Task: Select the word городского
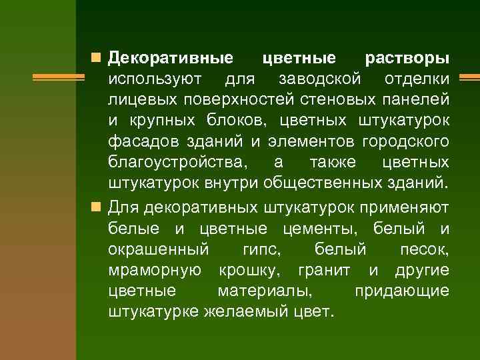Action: click(x=405, y=142)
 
